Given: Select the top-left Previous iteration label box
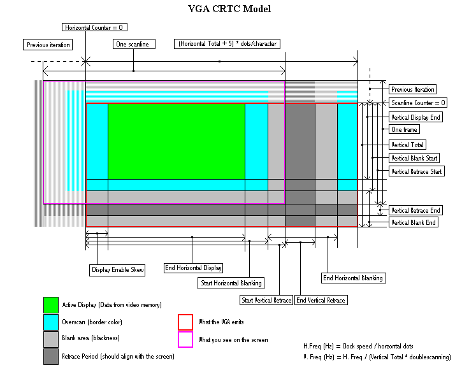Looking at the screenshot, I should tap(48, 45).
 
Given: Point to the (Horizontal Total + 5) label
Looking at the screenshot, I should tap(227, 44).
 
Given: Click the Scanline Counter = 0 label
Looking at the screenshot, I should tap(419, 103).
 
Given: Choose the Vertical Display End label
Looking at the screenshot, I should tap(416, 117).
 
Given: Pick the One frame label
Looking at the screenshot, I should tap(405, 129).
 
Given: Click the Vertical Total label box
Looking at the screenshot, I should tap(408, 145).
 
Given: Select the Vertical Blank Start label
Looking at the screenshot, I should tap(415, 158).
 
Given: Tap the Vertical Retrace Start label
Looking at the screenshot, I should tap(417, 171).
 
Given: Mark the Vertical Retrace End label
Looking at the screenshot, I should tap(415, 210).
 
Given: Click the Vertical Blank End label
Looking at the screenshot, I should tap(414, 223).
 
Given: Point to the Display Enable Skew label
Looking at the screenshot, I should tap(118, 270).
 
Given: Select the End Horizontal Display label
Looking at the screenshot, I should tap(193, 268).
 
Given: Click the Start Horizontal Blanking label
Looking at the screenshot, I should tap(229, 283).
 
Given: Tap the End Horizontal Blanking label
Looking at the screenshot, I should tap(353, 278).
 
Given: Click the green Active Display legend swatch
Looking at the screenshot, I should tap(51, 304).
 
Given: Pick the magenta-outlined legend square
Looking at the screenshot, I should tap(185, 340).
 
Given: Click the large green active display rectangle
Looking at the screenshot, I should tap(176, 141).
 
